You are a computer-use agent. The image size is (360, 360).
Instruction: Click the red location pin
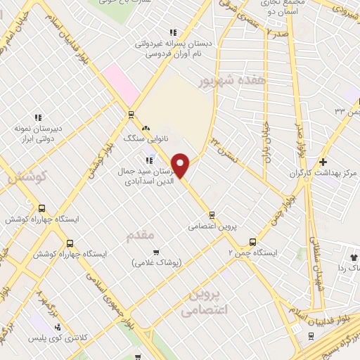tap(181, 165)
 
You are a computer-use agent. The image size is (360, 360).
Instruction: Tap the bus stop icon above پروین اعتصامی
tap(212, 216)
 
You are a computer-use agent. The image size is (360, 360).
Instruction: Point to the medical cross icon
tap(323, 162)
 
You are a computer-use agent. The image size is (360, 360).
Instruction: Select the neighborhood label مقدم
tap(139, 236)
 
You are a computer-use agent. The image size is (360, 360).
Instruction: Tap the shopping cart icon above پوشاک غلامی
tap(156, 252)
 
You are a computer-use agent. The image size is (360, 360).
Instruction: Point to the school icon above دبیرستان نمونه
tap(39, 117)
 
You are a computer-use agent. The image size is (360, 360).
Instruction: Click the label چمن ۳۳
tap(345, 110)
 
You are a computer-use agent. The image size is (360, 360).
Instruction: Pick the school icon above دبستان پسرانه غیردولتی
tap(173, 32)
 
